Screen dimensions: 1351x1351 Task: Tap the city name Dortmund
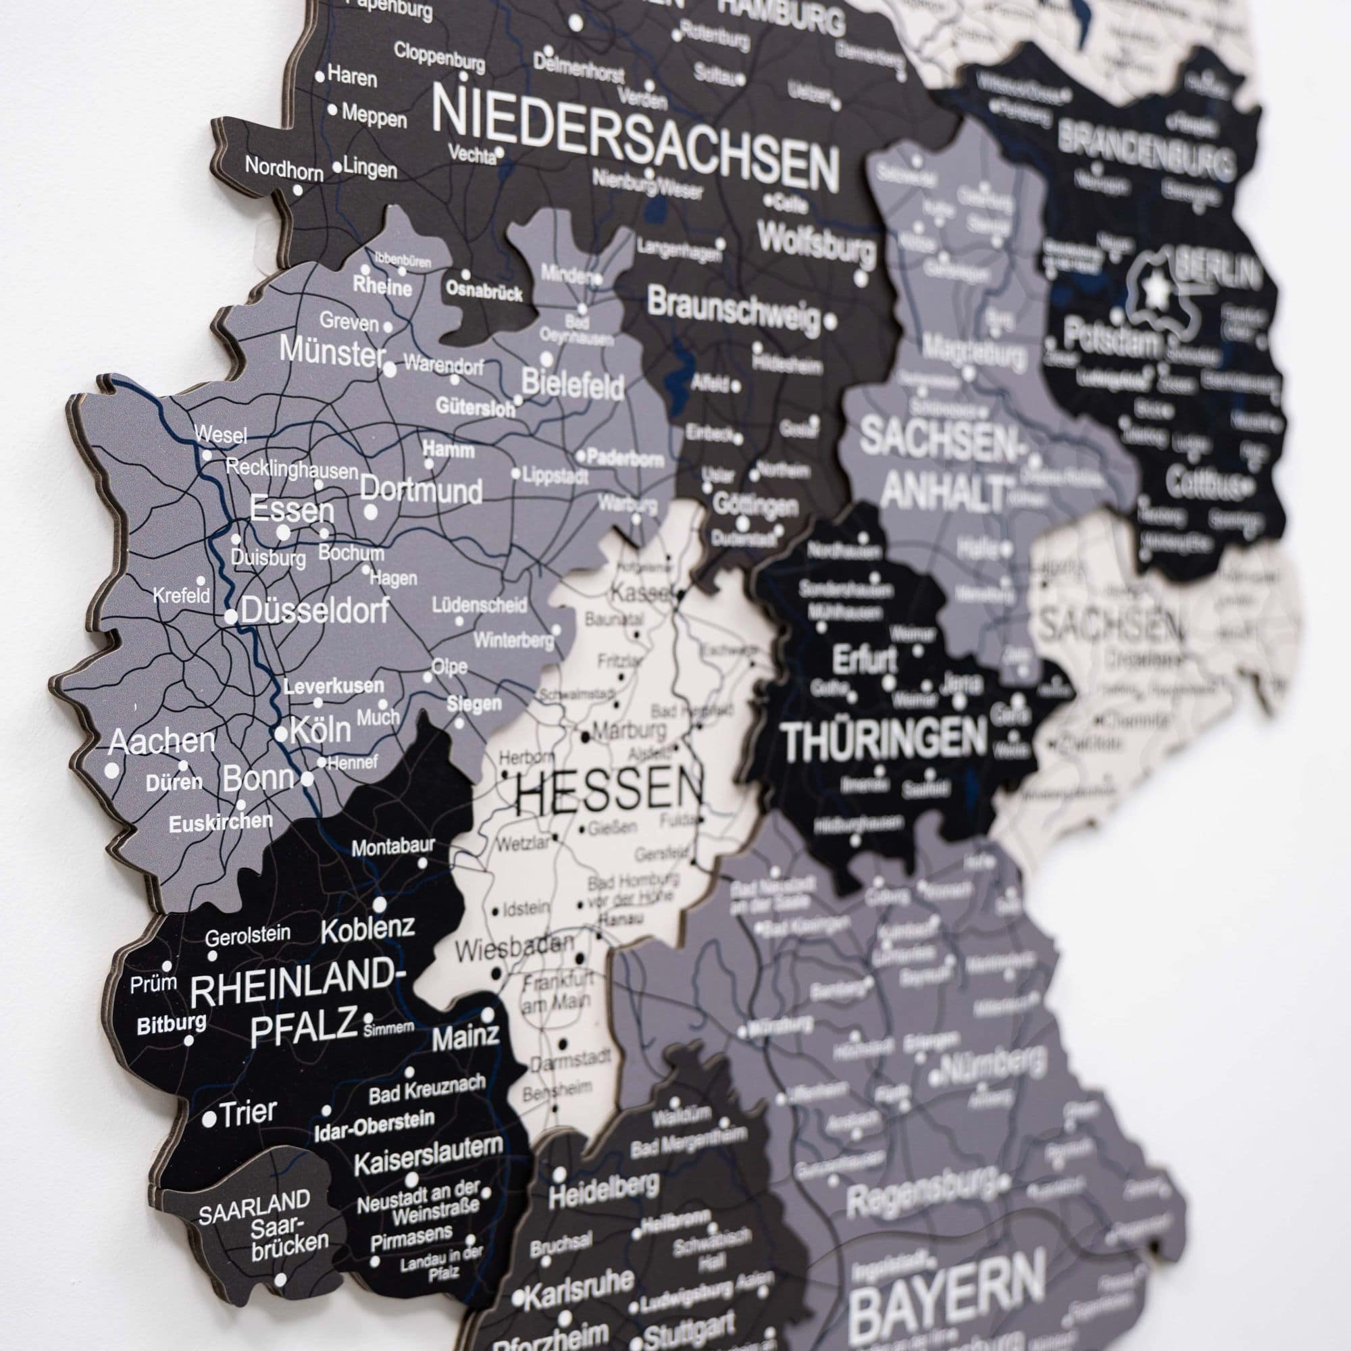[421, 491]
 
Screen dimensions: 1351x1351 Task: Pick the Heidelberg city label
[603, 1191]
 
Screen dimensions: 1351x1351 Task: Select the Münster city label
[332, 350]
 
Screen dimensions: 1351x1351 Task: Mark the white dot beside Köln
[281, 734]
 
